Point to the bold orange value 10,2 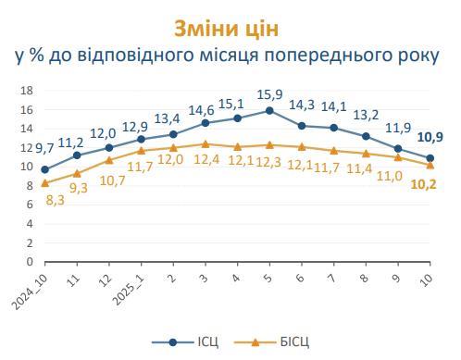[x=425, y=182]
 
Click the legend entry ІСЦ [x=199, y=341]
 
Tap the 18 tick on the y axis [x=26, y=91]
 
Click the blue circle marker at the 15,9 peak [x=269, y=110]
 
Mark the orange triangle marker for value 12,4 [x=205, y=143]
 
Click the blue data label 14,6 [x=203, y=109]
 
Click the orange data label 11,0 [x=391, y=175]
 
